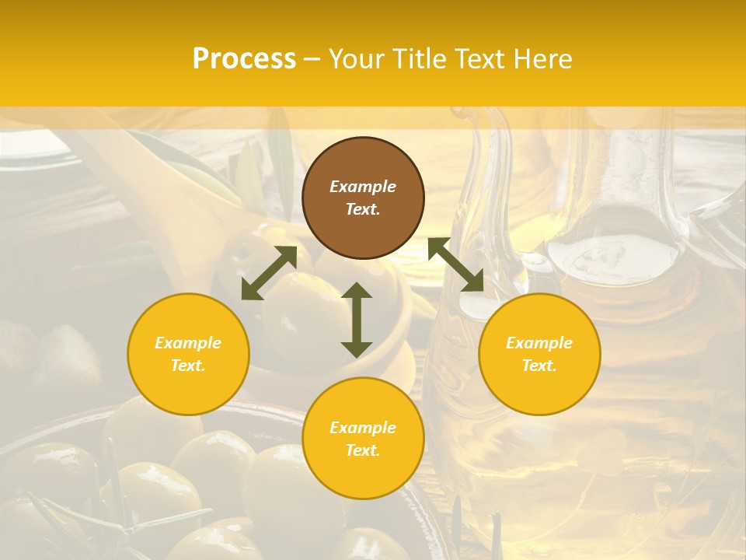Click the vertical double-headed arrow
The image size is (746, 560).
[x=357, y=320]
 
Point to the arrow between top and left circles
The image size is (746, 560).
[x=269, y=273]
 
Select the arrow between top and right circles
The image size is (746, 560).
[x=455, y=265]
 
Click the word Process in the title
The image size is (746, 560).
[x=244, y=59]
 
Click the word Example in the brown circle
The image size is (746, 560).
[x=363, y=187]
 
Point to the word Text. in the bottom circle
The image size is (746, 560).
[x=363, y=450]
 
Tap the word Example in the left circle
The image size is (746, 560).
[x=188, y=343]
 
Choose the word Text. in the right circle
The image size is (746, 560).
[x=539, y=366]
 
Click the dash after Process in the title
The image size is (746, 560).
[x=312, y=60]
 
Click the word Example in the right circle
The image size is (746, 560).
[x=539, y=343]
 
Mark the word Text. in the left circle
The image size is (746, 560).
[x=188, y=366]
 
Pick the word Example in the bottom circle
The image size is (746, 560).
[x=363, y=428]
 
